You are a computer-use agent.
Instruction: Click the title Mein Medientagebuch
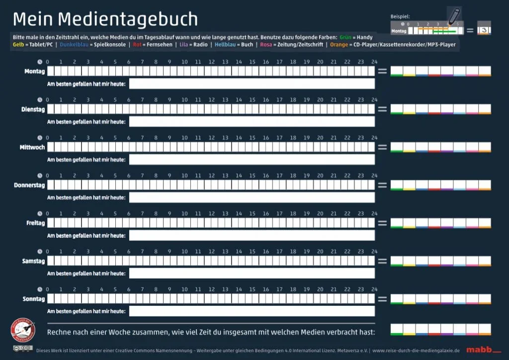105,19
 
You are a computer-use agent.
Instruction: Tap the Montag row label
34,72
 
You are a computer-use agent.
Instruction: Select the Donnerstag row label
29,185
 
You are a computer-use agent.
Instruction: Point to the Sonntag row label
33,299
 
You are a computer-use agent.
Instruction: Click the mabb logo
477,350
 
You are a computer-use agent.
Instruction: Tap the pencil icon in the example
454,16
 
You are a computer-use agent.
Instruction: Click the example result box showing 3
483,30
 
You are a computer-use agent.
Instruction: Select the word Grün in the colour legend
346,37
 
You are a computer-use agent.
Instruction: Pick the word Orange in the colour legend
339,45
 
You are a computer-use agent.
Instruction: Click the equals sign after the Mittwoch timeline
382,147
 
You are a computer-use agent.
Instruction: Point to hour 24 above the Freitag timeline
374,214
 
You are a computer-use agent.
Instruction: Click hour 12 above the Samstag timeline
211,252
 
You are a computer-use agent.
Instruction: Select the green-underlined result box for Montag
397,71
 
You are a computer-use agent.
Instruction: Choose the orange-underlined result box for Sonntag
485,299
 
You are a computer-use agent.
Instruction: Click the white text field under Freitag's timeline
252,235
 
